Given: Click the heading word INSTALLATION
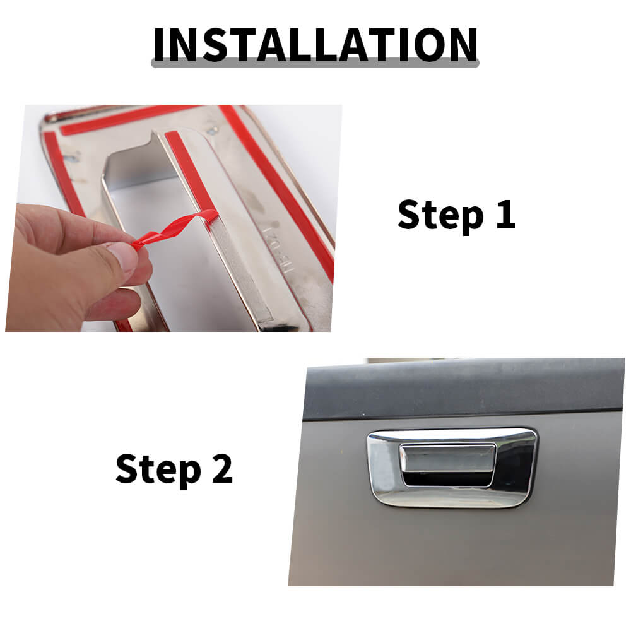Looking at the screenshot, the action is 315,45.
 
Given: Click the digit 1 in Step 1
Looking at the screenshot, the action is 506,214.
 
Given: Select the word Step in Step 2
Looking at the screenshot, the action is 158,469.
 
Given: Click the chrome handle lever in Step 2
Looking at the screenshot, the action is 447,458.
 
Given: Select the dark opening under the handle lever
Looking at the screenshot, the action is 447,479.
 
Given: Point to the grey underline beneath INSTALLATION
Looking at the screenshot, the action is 315,64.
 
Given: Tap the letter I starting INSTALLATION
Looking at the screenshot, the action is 160,45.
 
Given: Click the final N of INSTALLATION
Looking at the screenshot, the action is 462,45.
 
